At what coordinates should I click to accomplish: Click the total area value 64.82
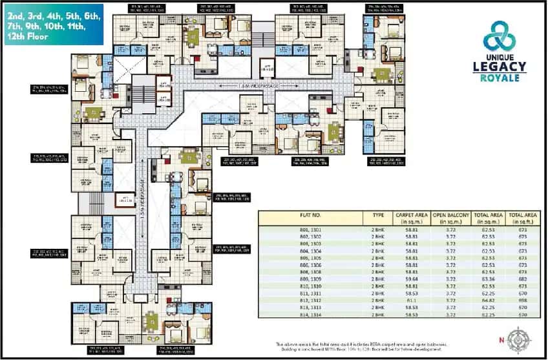[x=488, y=301]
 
